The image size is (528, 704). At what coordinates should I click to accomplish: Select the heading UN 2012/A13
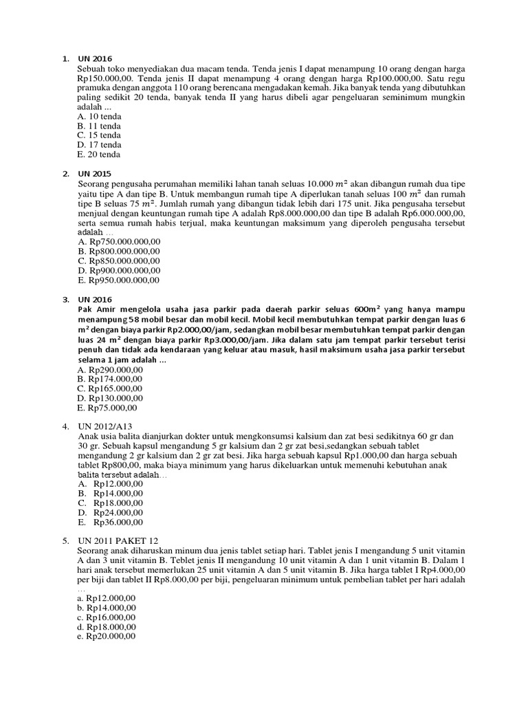(106, 426)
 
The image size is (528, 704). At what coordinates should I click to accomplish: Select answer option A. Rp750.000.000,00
(119, 242)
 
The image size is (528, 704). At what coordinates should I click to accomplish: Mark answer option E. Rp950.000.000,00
(119, 280)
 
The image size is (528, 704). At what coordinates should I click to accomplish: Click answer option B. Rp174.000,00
(111, 379)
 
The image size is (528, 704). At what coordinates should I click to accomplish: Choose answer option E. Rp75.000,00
(109, 407)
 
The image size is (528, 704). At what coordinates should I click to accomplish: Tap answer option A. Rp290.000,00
(111, 369)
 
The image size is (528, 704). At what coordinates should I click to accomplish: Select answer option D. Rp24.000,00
(111, 512)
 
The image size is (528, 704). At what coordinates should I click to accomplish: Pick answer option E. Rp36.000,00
(111, 522)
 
